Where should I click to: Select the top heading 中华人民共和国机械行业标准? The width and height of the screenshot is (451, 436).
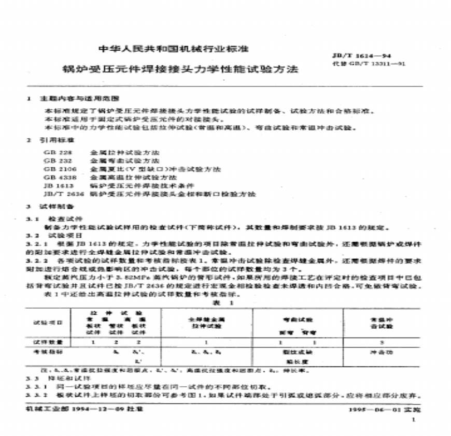tap(174, 50)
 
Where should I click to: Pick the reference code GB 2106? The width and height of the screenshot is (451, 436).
tap(57, 169)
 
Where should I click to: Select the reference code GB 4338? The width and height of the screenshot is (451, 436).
tap(57, 177)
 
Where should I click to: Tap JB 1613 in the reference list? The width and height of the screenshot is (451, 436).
tap(56, 185)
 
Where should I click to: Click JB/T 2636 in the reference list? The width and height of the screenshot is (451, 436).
tap(59, 194)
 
